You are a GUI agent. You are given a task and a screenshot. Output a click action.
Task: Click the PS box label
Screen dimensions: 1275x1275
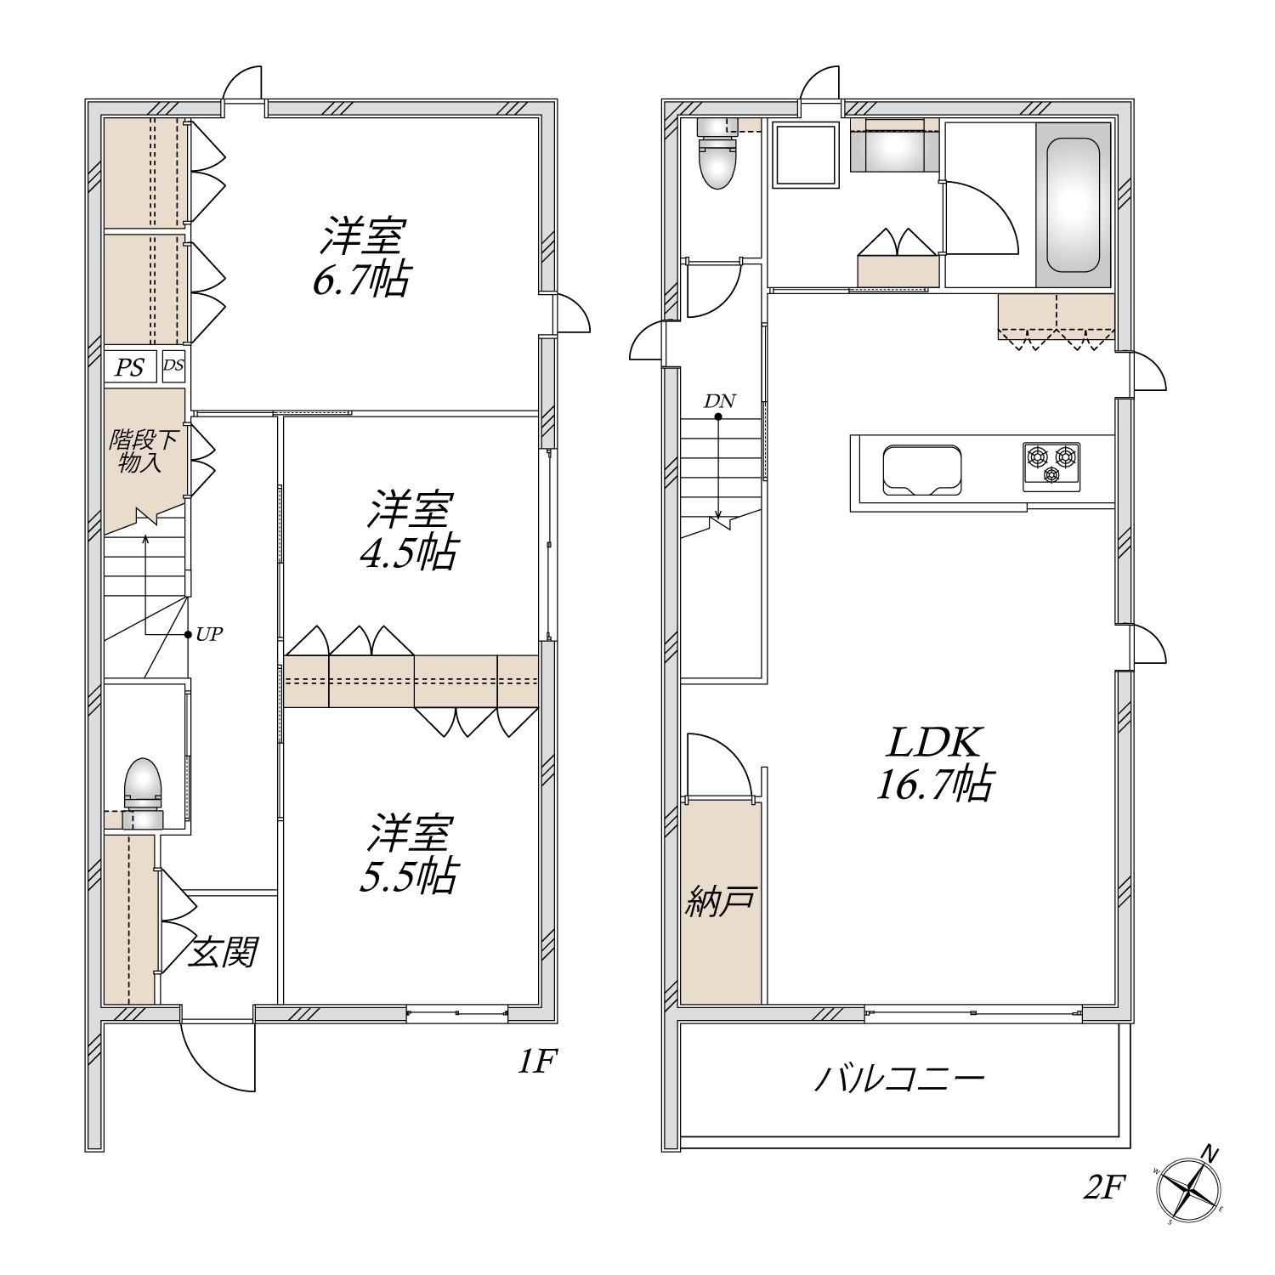pyautogui.click(x=130, y=368)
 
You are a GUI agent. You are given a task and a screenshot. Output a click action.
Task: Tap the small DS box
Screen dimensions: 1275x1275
pyautogui.click(x=173, y=366)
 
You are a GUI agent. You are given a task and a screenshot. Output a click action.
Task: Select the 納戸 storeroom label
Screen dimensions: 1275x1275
pyautogui.click(x=721, y=902)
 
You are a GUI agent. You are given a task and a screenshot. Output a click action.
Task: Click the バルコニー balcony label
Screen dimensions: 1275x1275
pyautogui.click(x=900, y=1079)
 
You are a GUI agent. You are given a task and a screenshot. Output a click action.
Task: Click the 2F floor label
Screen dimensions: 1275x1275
pyautogui.click(x=1103, y=1187)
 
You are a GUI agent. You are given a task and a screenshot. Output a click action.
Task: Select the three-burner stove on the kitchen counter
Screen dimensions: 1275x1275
pyautogui.click(x=1051, y=466)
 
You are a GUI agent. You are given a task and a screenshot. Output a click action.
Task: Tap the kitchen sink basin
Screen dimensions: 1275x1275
pyautogui.click(x=922, y=469)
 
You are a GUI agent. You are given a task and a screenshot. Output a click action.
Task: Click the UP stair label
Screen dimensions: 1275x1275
pyautogui.click(x=209, y=634)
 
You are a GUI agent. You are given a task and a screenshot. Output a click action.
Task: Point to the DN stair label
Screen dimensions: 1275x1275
pyautogui.click(x=720, y=401)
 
